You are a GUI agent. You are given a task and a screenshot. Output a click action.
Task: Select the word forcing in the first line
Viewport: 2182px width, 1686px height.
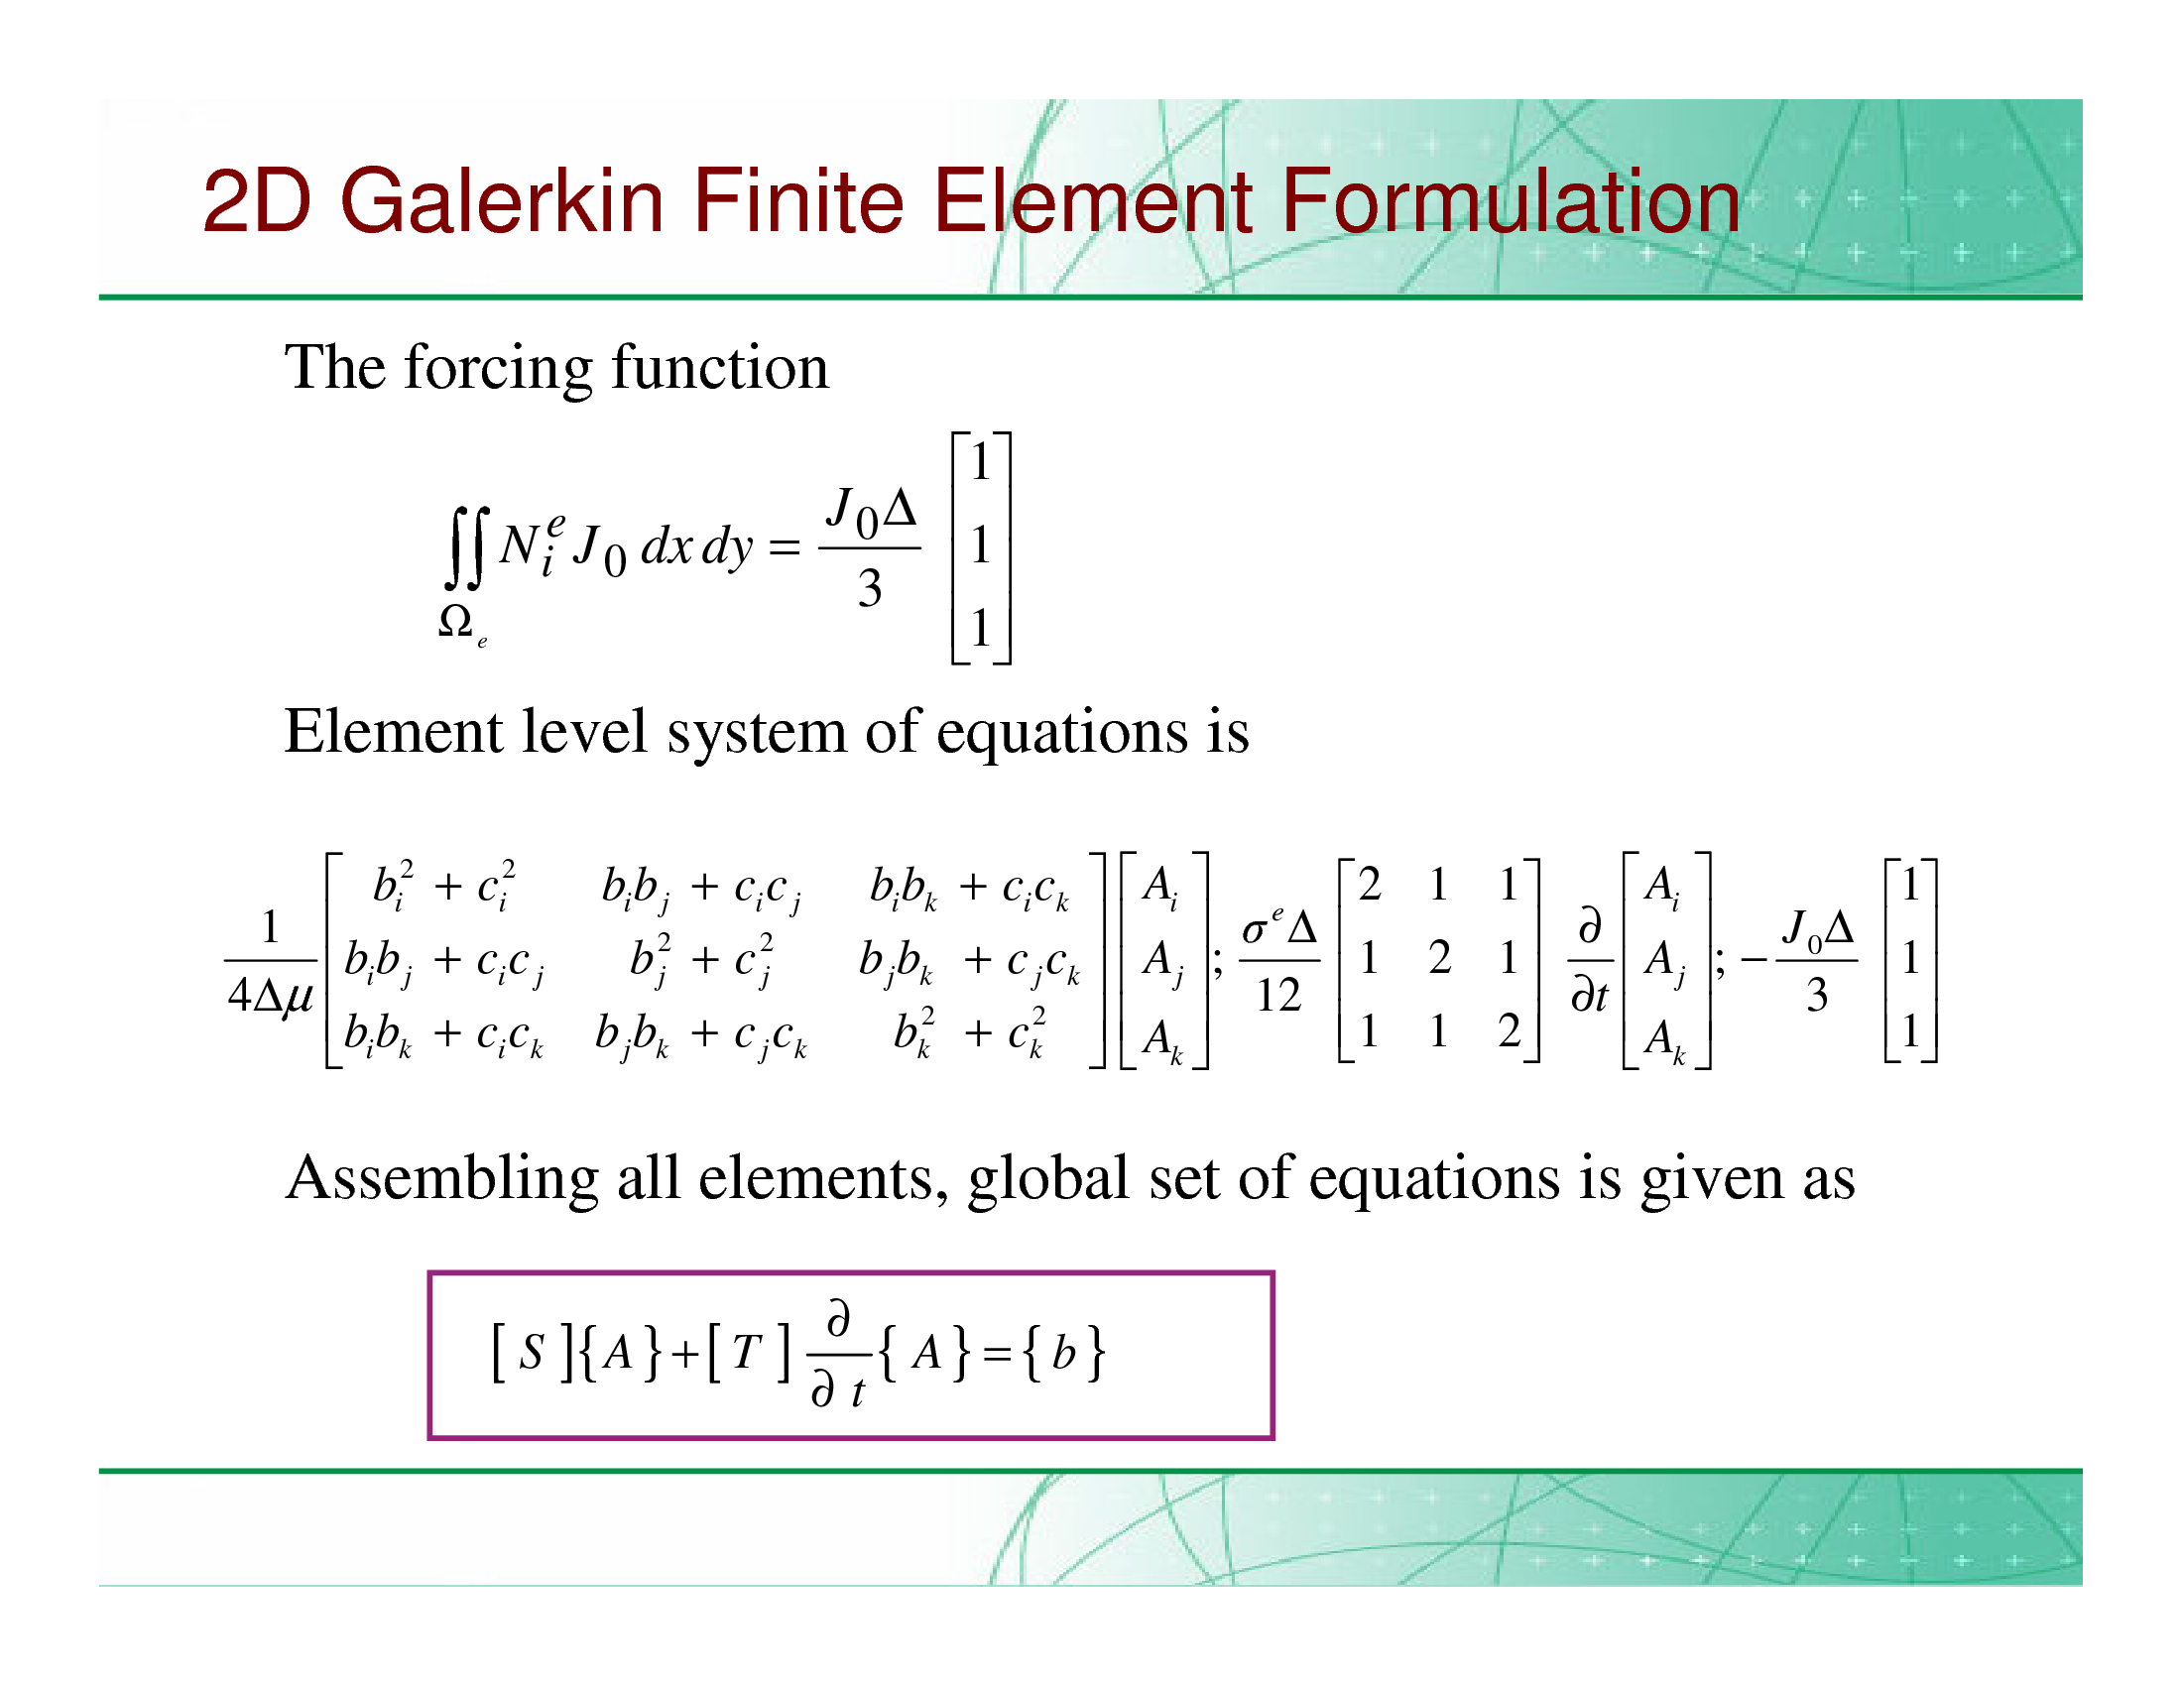(499, 370)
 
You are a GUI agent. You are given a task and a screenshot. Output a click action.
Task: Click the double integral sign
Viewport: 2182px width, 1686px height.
(465, 547)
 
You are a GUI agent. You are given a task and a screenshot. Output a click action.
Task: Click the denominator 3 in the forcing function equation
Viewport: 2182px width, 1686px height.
(869, 588)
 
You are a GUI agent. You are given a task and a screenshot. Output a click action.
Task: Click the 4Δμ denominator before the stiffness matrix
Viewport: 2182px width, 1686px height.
(271, 995)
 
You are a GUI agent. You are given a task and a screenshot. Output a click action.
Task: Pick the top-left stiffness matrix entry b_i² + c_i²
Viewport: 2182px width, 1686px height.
(443, 886)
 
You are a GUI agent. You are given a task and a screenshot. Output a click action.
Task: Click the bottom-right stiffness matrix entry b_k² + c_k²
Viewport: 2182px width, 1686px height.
(969, 1031)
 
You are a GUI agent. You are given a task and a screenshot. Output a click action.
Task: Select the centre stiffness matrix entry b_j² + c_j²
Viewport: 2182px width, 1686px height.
(701, 959)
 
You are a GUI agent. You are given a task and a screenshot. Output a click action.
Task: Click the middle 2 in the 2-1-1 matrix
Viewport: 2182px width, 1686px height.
(1439, 958)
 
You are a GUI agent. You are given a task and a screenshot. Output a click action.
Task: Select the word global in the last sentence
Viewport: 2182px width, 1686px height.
(1048, 1180)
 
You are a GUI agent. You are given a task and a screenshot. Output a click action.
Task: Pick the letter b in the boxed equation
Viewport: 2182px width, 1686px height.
(1064, 1352)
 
